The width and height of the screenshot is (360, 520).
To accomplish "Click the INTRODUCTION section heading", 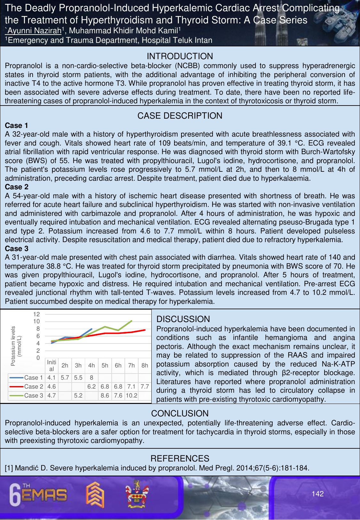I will pos(180,56).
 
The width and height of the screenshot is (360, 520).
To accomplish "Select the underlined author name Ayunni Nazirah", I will pos(33,31).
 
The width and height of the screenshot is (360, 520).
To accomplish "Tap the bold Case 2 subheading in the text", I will pos(17,187).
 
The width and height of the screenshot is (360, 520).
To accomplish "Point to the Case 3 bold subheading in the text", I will pos(17,248).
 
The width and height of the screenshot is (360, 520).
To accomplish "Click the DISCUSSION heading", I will pos(183,319).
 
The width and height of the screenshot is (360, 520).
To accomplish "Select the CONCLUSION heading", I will pos(180,414).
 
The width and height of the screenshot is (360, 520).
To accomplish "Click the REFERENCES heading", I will pos(180,459).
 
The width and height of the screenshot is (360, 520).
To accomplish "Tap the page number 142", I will pos(317,494).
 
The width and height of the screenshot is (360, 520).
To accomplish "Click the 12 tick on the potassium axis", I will pos(36,314).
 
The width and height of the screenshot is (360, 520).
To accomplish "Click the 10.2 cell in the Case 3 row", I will pos(131,396).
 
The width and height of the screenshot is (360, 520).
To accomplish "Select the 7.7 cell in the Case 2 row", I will pos(145,387).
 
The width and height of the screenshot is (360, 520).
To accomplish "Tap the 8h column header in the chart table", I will pos(145,365).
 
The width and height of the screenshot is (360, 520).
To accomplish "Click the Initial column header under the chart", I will pos(52,365).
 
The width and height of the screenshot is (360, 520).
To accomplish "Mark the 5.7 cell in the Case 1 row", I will pos(65,378).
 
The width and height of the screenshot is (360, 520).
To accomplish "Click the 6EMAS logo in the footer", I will pos(38,495).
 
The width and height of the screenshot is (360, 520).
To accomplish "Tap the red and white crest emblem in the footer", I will pos(137,494).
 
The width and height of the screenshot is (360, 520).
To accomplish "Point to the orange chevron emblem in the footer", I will pos(95,495).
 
